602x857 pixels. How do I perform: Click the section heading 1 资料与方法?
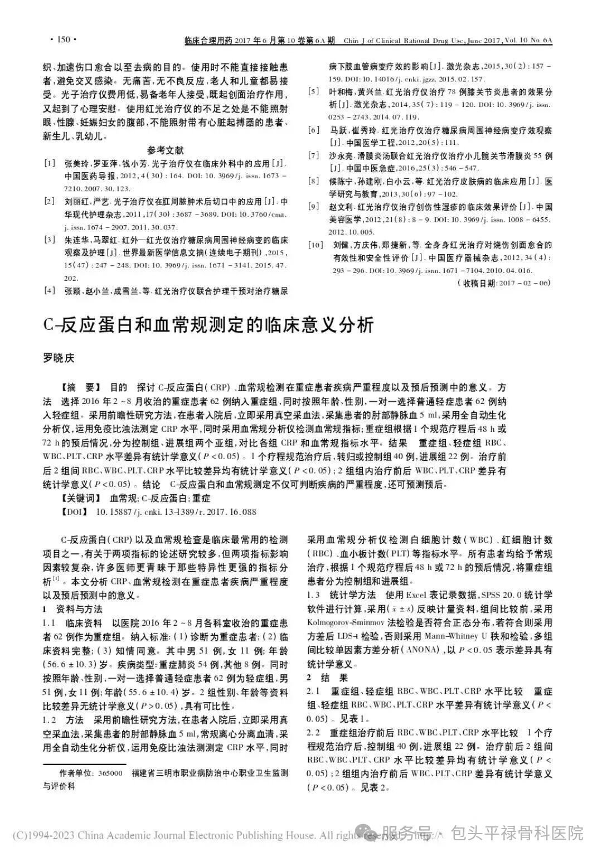pos(72,608)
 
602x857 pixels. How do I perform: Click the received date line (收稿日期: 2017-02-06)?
pos(503,283)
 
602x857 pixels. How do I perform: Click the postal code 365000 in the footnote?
pos(111,774)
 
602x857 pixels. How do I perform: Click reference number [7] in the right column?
pos(314,155)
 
